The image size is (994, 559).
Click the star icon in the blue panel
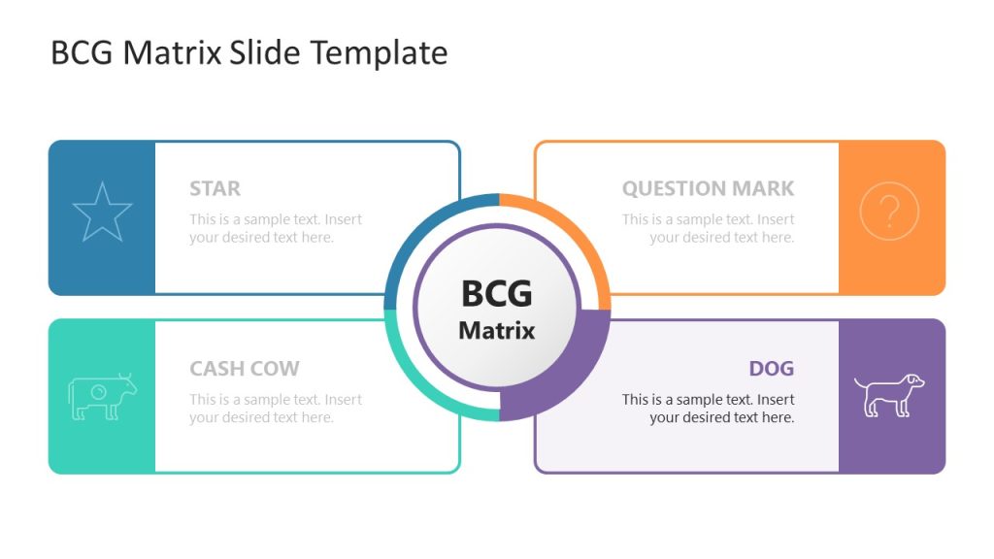pyautogui.click(x=102, y=213)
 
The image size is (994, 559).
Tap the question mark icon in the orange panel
pyautogui.click(x=889, y=212)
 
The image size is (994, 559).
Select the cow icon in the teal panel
pyautogui.click(x=102, y=396)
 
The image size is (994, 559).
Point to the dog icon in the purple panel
pyautogui.click(x=889, y=395)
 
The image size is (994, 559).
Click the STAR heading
pyautogui.click(x=215, y=188)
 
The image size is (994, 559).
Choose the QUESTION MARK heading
pyautogui.click(x=708, y=188)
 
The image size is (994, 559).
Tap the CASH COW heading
pyautogui.click(x=245, y=369)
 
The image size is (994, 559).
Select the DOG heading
pyautogui.click(x=771, y=369)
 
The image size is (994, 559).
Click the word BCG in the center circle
pyautogui.click(x=497, y=292)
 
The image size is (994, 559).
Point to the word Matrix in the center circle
pyautogui.click(x=497, y=330)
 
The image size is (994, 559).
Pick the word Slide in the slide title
pyautogui.click(x=265, y=52)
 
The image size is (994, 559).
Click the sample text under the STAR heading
pyautogui.click(x=276, y=228)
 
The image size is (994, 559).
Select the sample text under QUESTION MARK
pyautogui.click(x=708, y=228)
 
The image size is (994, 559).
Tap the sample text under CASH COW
pyautogui.click(x=276, y=409)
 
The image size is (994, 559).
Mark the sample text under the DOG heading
pyautogui.click(x=708, y=409)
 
